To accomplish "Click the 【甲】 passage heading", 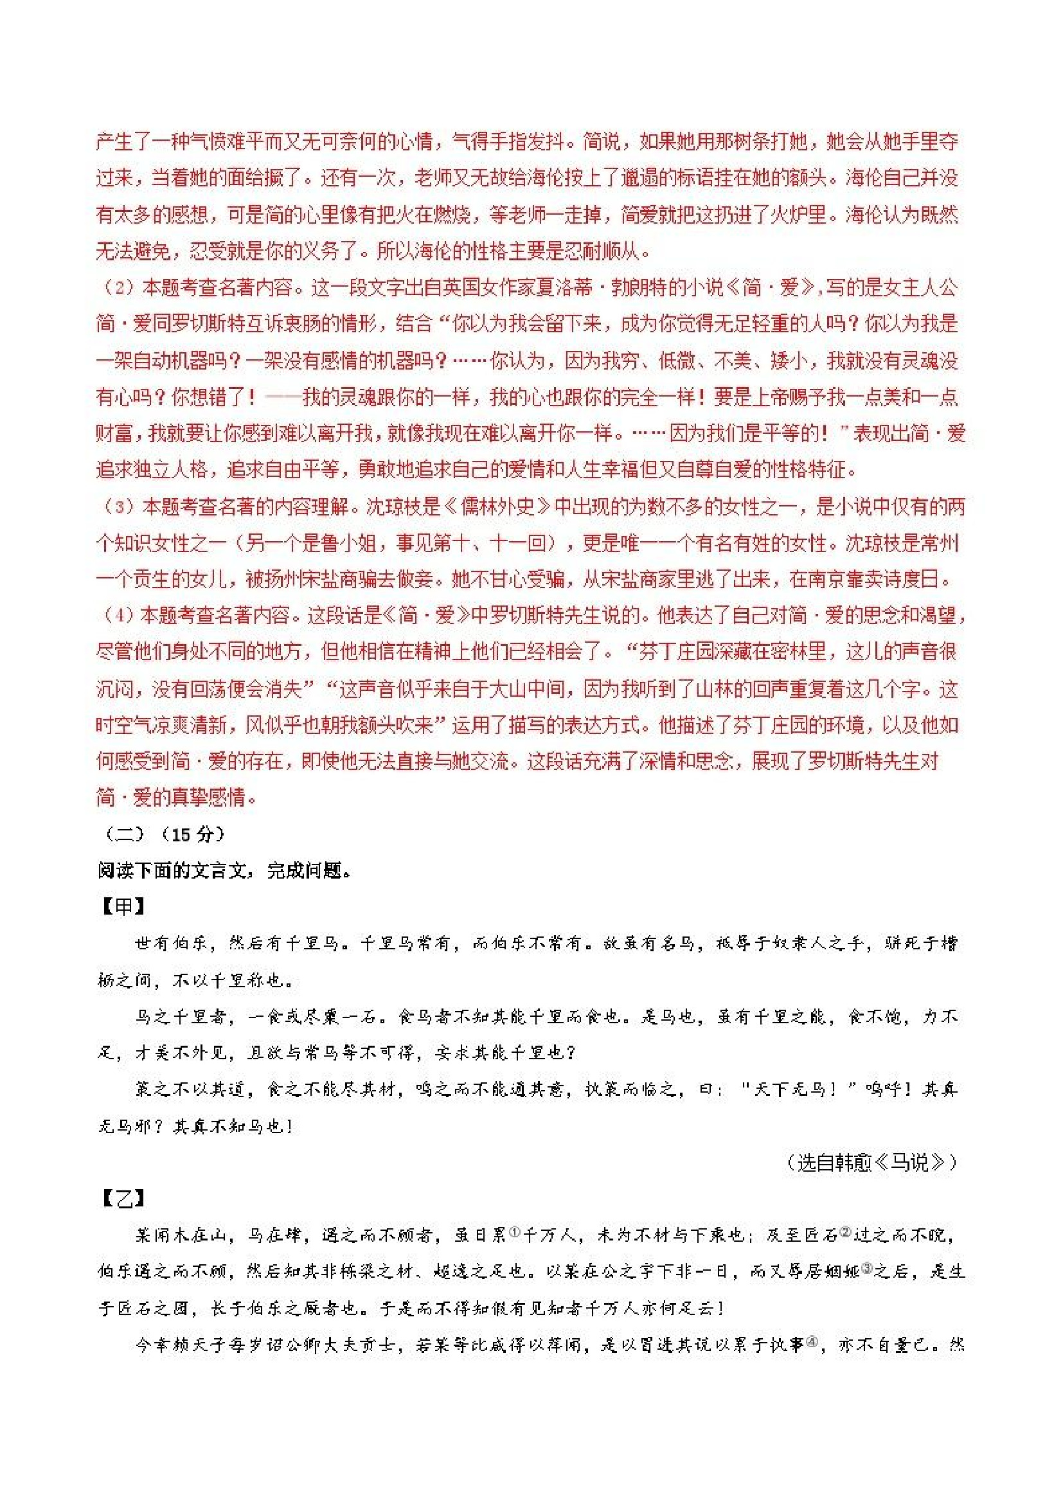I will point(123,907).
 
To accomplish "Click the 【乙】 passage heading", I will point(123,1198).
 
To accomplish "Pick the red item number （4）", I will point(118,615).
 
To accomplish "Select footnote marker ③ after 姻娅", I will point(866,1269).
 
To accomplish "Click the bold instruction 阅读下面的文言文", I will point(174,870).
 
